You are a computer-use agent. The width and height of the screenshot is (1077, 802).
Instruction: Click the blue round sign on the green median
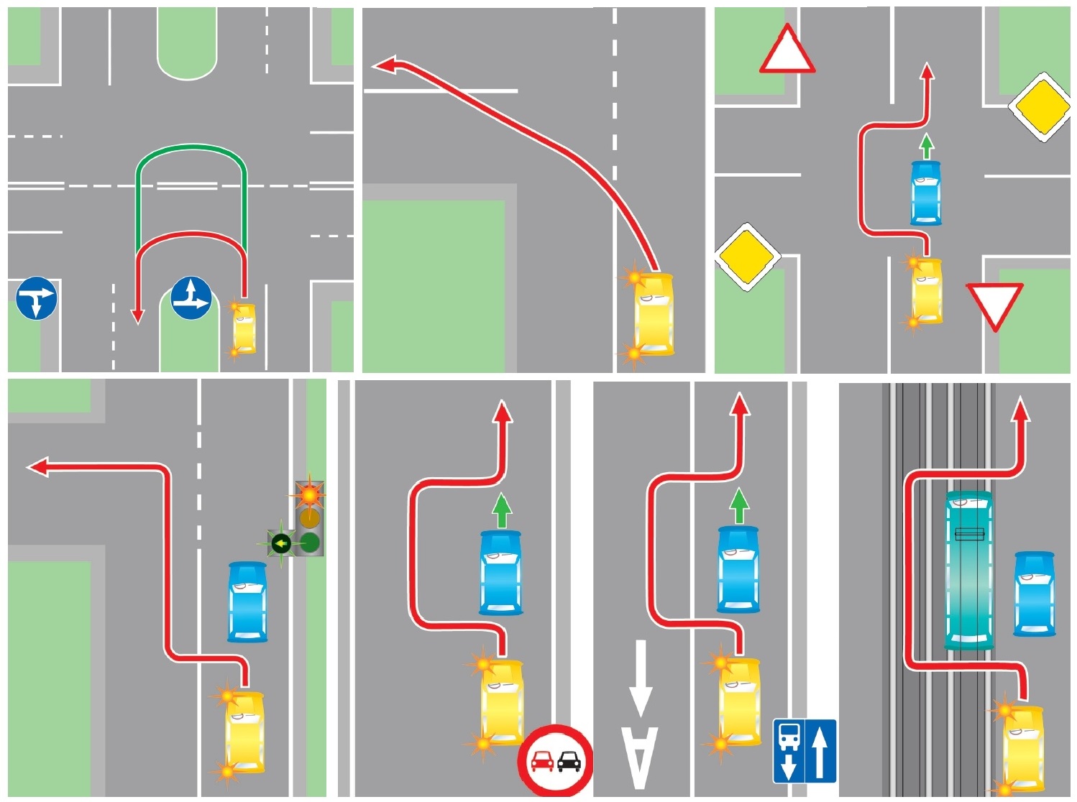(191, 298)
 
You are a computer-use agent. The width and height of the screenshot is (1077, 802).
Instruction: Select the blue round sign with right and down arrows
(37, 298)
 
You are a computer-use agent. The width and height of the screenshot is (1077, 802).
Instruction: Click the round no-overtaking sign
(556, 761)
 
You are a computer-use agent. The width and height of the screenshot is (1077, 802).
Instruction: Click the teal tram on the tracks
(968, 570)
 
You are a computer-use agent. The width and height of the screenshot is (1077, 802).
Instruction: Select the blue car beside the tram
(1035, 594)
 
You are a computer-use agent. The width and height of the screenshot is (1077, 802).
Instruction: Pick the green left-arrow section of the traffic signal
(281, 543)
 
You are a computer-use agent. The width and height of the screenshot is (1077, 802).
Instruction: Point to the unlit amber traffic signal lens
(310, 518)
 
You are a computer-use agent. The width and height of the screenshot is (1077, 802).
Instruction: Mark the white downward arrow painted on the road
(641, 678)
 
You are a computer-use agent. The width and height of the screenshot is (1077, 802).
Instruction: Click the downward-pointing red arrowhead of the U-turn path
(138, 315)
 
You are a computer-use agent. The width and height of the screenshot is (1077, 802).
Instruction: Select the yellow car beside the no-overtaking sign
(502, 702)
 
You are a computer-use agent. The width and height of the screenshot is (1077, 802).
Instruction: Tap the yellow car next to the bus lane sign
(739, 701)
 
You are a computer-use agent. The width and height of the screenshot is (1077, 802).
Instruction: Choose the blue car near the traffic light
(247, 601)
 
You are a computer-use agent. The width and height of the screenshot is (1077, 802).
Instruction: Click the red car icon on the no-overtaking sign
(542, 762)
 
